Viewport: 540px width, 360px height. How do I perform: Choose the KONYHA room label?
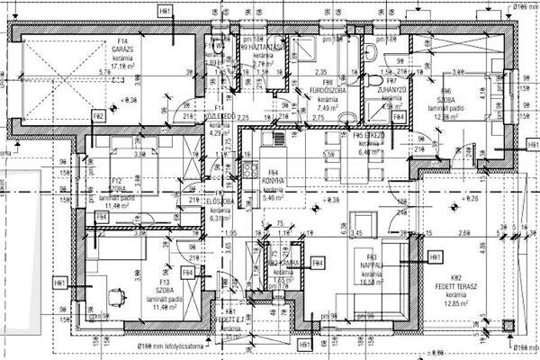(273, 180)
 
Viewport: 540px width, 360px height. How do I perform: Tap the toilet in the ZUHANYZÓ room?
(373, 81)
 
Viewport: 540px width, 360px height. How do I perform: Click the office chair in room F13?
(115, 294)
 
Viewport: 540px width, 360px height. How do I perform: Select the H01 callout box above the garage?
(165, 11)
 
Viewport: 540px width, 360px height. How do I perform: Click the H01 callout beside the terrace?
(436, 257)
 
